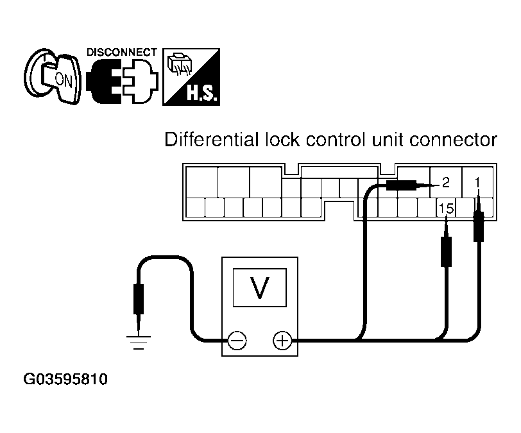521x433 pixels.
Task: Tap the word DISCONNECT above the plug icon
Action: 121,51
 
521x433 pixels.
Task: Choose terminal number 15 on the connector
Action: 446,208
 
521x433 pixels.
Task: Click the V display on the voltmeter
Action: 259,289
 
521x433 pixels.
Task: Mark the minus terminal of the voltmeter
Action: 237,340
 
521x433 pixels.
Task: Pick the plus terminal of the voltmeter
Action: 281,340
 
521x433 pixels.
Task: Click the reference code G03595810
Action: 65,380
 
